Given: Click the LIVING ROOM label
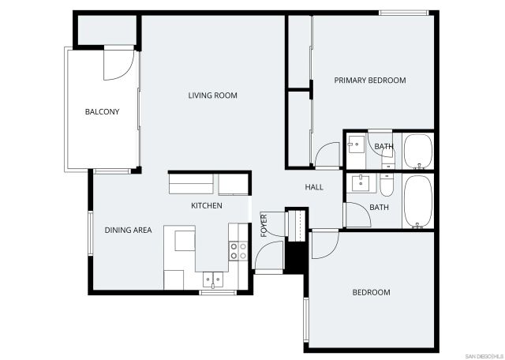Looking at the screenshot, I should [x=212, y=96].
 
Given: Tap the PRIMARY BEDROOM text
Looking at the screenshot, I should [x=369, y=81].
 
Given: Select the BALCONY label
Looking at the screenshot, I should [x=102, y=112].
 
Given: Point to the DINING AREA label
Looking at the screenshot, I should [x=128, y=231].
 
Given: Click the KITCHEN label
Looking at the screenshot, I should [x=207, y=205].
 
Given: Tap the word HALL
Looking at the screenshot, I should [x=314, y=187].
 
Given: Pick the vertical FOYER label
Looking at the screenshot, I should [x=264, y=225].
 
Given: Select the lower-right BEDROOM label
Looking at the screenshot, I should [x=371, y=292].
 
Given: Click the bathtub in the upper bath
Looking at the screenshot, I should [x=417, y=152].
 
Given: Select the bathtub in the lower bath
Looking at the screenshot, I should [x=417, y=204].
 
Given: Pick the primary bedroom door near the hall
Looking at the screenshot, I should [x=327, y=155].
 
